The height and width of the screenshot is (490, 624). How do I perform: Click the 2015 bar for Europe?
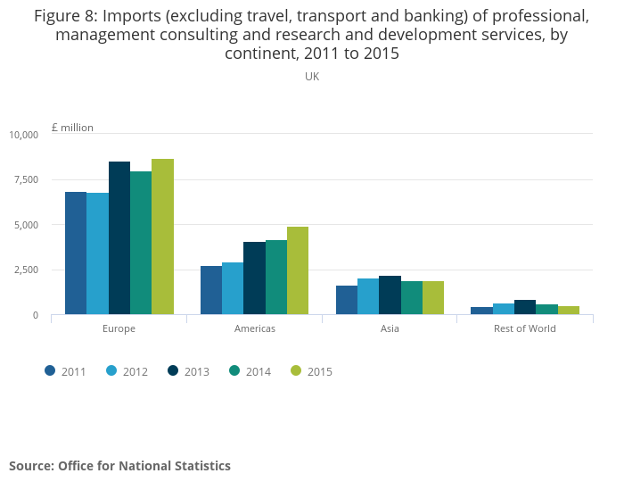(162, 237)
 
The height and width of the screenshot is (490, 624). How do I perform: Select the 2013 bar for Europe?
(119, 238)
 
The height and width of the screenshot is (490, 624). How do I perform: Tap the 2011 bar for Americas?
(211, 290)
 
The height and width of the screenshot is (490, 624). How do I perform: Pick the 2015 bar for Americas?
(298, 270)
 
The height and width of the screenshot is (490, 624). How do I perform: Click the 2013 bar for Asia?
(390, 295)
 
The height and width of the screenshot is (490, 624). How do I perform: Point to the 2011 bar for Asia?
(347, 300)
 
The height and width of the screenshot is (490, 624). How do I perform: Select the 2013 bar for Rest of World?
(525, 307)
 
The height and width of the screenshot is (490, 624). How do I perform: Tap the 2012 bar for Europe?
(97, 253)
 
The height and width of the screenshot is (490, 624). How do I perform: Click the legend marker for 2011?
(51, 371)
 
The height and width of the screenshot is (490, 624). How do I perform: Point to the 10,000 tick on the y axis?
(24, 135)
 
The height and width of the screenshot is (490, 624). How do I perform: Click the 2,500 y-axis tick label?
(24, 270)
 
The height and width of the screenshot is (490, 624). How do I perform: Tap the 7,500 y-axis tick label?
(24, 179)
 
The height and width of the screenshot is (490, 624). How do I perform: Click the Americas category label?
(254, 328)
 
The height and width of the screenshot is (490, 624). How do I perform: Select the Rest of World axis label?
(524, 328)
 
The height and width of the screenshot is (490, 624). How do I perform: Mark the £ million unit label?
(72, 128)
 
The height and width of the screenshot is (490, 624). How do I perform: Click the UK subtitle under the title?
(312, 77)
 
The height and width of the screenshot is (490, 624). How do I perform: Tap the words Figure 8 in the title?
(68, 17)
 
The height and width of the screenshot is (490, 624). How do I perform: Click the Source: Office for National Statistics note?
(119, 466)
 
